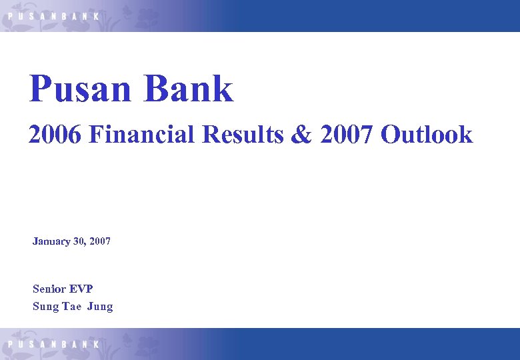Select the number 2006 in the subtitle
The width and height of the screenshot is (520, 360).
coord(55,135)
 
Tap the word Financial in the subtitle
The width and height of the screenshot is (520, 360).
coord(142,135)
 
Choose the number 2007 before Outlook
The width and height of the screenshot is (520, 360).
coord(347,135)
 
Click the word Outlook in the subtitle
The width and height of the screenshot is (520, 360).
coord(427,135)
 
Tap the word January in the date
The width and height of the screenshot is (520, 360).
coord(51,241)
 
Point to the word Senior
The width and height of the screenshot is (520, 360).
coord(49,289)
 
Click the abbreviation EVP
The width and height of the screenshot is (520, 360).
coord(81,289)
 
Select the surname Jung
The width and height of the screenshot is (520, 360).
coord(100,307)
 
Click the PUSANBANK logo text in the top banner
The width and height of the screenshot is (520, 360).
coord(53,15)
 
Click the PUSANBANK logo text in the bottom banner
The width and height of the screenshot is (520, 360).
coord(53,344)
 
